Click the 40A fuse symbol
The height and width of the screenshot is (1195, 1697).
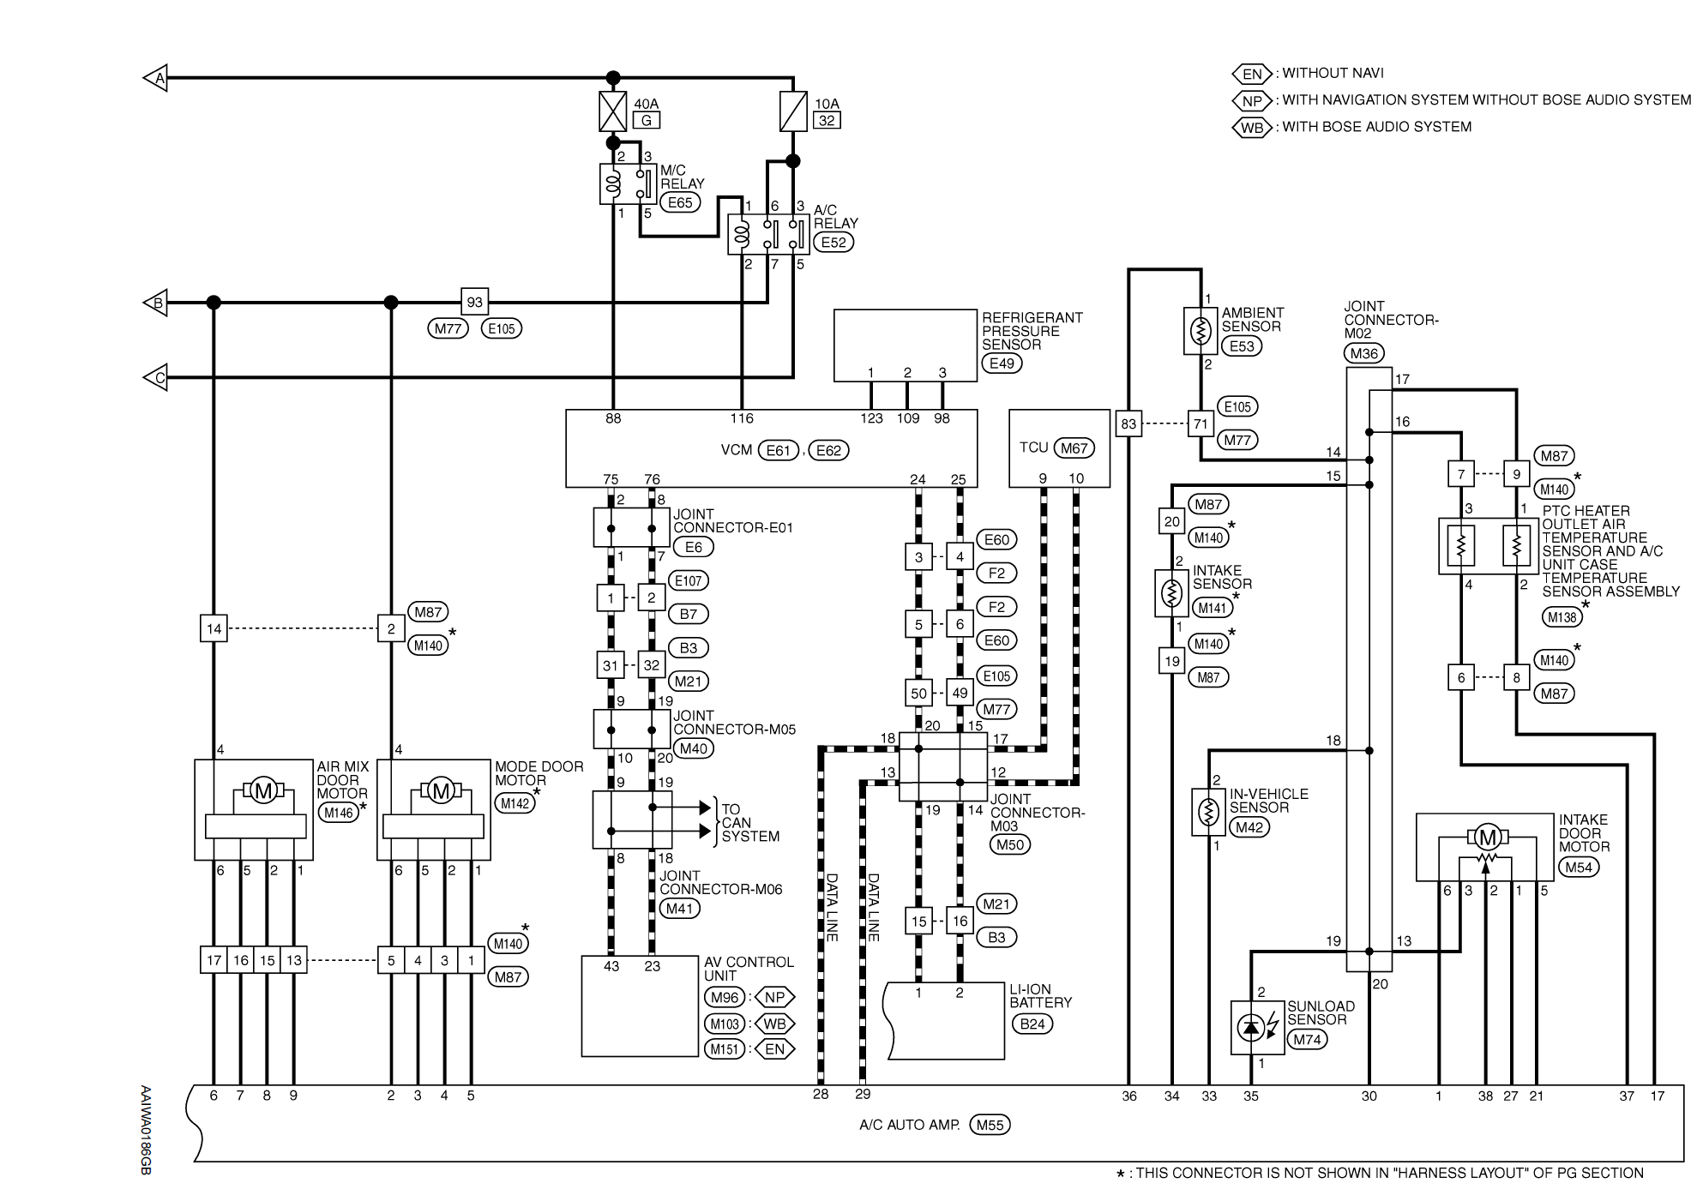[612, 111]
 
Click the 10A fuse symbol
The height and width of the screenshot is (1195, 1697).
[793, 111]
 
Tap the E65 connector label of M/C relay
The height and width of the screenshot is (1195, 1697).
[680, 203]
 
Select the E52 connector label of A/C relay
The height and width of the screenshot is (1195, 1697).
[833, 243]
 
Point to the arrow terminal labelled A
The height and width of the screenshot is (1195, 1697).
[155, 78]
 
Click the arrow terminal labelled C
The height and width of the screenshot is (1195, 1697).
[155, 377]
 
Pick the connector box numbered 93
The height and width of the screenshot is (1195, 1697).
[475, 302]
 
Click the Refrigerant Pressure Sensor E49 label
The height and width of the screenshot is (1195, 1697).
[1002, 363]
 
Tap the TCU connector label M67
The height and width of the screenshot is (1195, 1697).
[1074, 448]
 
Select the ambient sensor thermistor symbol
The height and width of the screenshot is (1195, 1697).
[1201, 331]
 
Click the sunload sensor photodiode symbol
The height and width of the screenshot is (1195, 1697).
[1252, 1027]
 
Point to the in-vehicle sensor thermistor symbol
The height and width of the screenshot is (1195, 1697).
[1207, 812]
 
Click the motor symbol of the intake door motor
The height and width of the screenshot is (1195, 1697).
[1488, 838]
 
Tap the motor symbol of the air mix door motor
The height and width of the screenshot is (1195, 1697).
[263, 790]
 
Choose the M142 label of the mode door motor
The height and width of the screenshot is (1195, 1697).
[515, 803]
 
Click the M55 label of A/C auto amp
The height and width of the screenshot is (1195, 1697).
[990, 1126]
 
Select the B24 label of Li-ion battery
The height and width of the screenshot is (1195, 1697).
[1032, 1024]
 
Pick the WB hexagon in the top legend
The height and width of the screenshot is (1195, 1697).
[1252, 128]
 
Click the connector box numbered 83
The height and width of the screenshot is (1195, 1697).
[1128, 423]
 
